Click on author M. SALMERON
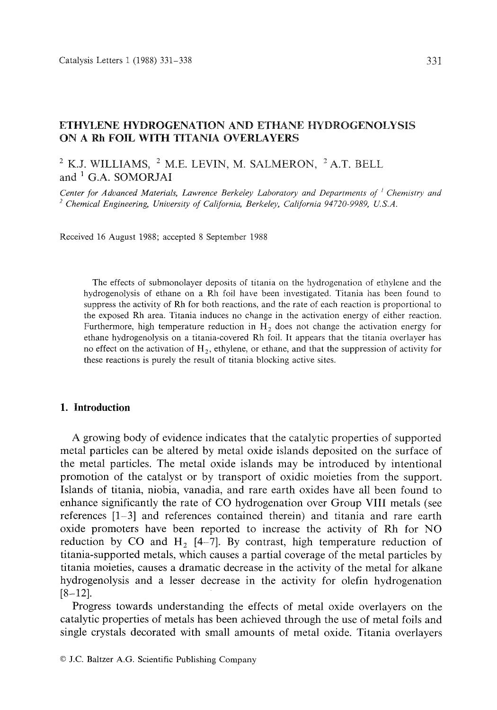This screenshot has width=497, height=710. click(282, 164)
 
